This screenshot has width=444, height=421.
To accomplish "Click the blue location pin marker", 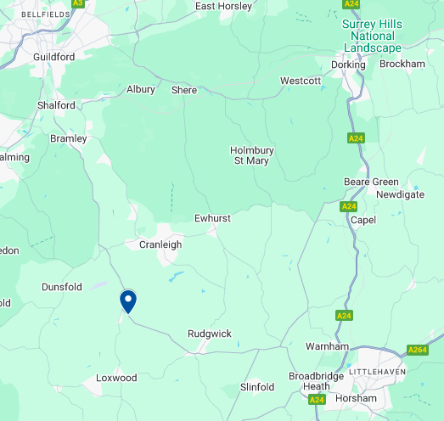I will pos(128,301).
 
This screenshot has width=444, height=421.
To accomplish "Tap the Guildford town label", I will pos(53,57).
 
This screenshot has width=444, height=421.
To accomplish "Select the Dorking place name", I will pos(347,64).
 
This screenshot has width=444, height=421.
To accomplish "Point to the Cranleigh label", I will pos(160,244).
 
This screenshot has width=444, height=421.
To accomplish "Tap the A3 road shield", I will pos(78,3).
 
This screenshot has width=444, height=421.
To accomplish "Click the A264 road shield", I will pos(418,350).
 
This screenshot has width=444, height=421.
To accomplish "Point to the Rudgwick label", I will pos(210,334).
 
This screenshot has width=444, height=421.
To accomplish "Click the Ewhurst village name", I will pos(212,218).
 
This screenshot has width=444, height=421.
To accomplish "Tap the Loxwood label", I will pos(116,378).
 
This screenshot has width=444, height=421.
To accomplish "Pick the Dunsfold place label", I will pos(63,288).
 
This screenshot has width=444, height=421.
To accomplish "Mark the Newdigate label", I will pos(401,194).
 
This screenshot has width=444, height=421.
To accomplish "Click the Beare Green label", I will pos(371,182).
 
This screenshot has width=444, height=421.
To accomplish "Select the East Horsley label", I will pos(224,6).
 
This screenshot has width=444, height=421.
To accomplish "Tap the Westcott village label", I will pos(301,81).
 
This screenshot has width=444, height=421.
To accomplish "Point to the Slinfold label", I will pos(257,387).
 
